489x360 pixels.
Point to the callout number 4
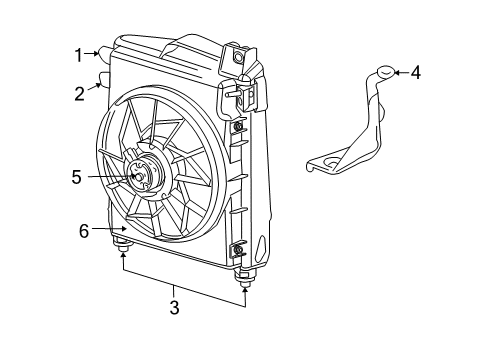point(416,72)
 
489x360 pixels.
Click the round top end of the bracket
point(384,72)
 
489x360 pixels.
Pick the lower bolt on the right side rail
point(238,248)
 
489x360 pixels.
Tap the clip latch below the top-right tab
point(241,95)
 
